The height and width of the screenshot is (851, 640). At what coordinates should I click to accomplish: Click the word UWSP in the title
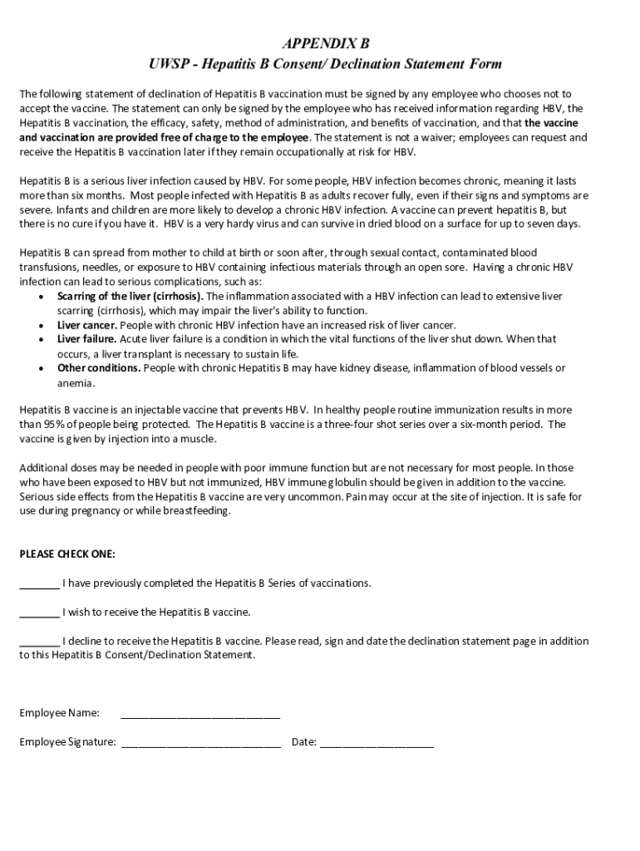(166, 64)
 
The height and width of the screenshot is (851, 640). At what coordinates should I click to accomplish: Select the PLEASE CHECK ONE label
(67, 553)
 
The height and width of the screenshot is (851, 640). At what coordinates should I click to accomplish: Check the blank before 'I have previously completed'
(39, 583)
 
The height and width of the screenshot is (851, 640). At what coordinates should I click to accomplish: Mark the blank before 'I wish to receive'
(39, 612)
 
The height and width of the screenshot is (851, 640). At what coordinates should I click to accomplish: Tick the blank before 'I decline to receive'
(39, 642)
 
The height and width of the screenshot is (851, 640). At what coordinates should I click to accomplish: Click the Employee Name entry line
(200, 714)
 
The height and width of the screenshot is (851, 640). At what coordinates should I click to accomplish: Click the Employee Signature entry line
(200, 743)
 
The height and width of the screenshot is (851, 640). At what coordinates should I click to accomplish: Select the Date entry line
(377, 743)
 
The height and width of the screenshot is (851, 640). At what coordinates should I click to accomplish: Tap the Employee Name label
(60, 713)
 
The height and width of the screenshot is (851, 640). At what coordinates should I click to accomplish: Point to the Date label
(303, 742)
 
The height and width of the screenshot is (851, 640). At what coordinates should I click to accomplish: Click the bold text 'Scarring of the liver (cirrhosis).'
(130, 296)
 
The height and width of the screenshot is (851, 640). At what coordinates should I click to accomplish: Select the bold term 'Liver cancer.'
(87, 325)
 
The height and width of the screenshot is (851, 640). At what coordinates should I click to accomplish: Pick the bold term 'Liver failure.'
(87, 339)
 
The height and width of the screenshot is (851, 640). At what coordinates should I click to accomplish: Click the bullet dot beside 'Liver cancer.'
(42, 326)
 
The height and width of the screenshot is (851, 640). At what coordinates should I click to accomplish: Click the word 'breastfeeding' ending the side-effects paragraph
(198, 511)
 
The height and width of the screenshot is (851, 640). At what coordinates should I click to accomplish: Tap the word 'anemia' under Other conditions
(76, 383)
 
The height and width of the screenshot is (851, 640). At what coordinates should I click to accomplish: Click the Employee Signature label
(67, 742)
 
